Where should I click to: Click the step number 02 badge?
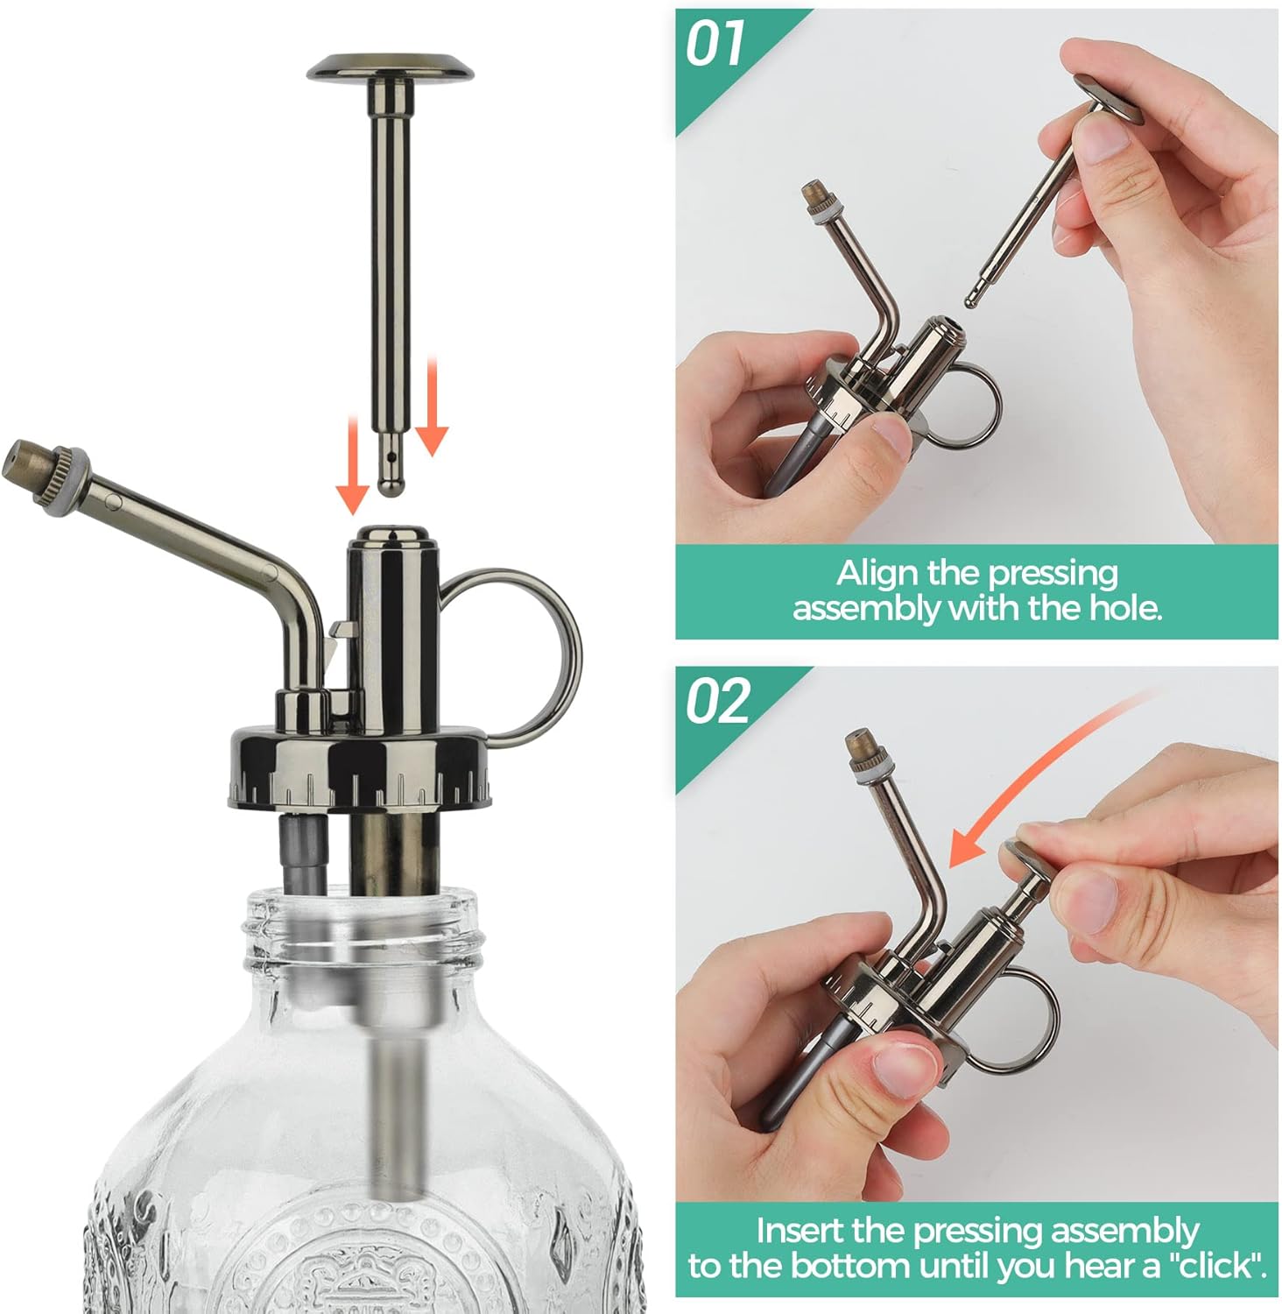pos(716,702)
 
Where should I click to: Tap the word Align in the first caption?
pos(878,573)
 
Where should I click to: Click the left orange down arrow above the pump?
pos(352,464)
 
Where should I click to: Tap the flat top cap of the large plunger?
pos(391,67)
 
